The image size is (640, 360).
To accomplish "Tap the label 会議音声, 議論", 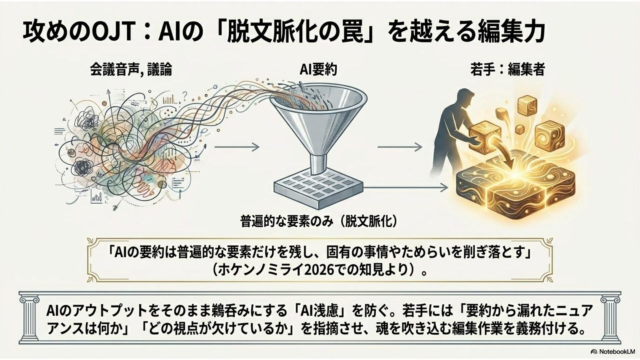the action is pos(131,70).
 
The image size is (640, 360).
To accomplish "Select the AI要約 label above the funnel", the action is pos(318,70).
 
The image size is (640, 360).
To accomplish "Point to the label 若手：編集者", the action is pos(507,70).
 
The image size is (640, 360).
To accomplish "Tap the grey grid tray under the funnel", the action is pos(318,188).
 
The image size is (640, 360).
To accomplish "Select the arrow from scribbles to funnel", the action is pos(237,147).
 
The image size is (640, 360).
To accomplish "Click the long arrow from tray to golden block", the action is pos(405,188).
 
